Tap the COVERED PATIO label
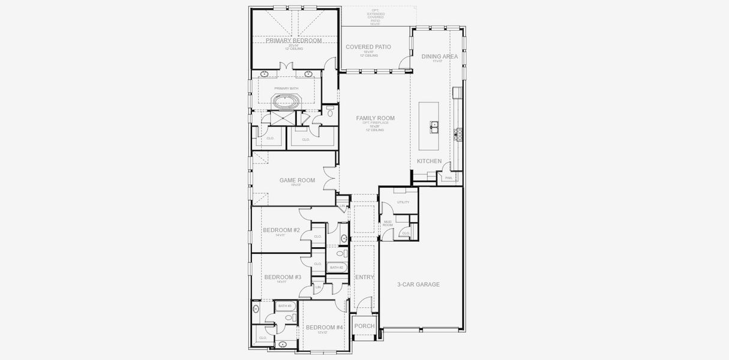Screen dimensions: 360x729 tap(368, 47)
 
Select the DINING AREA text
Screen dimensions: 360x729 tap(439, 56)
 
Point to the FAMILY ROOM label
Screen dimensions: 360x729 tap(376, 118)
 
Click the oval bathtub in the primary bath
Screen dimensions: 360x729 tap(285, 101)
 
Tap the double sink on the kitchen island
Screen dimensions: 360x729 tap(433, 126)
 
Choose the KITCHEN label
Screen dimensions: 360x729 tap(430, 161)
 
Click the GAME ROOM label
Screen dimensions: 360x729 tap(297, 180)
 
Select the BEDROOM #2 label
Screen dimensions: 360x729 tap(281, 230)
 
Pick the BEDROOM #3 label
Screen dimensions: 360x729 tap(283, 277)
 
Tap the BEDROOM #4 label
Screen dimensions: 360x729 tap(324, 328)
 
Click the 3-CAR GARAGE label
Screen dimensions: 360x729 tap(418, 284)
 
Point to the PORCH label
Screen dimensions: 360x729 tap(364, 326)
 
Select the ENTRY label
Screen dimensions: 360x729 tap(364, 277)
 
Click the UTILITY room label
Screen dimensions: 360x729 tap(403, 202)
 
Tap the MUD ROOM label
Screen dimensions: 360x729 tap(388, 223)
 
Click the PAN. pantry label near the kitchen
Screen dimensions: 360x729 tap(448, 178)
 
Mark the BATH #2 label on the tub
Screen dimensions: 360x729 tap(337, 268)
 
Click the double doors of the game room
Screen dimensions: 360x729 tap(329, 178)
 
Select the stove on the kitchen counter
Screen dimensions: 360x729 tap(460, 134)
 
